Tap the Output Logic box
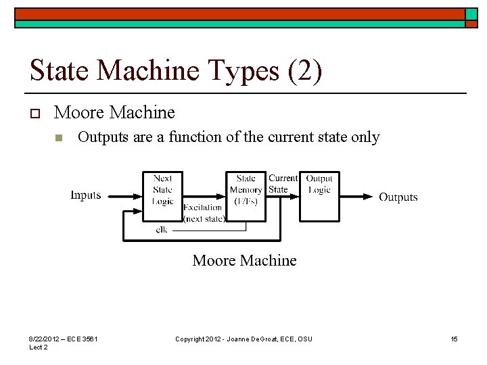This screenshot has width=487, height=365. pyautogui.click(x=319, y=196)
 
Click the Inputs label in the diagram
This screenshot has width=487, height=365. pyautogui.click(x=86, y=195)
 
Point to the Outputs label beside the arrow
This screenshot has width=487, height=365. pyautogui.click(x=398, y=197)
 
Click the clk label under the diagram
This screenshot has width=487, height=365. pyautogui.click(x=162, y=229)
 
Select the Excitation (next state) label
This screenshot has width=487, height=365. pyautogui.click(x=203, y=213)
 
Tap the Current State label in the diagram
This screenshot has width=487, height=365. pyautogui.click(x=283, y=184)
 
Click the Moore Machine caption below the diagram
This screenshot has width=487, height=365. pyautogui.click(x=244, y=260)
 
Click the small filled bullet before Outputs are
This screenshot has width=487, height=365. pyautogui.click(x=59, y=139)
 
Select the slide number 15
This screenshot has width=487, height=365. pyautogui.click(x=454, y=339)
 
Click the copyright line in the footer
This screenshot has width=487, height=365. pyautogui.click(x=243, y=339)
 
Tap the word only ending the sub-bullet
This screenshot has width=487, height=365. pyautogui.click(x=366, y=137)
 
